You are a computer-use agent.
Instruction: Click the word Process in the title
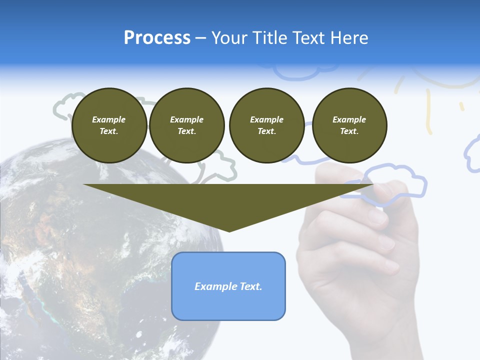pos(157,38)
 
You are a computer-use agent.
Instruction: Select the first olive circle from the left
pos(109,125)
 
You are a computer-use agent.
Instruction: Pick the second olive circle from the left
pos(186,125)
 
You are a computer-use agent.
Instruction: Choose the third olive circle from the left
pos(266,125)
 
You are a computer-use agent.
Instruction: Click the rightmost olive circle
pos(349,125)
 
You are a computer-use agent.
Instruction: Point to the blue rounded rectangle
pos(228,305)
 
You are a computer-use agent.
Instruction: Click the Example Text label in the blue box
pos(228,286)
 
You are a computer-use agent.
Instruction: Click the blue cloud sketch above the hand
pos(395,182)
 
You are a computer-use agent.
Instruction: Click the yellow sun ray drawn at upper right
pos(428,112)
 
